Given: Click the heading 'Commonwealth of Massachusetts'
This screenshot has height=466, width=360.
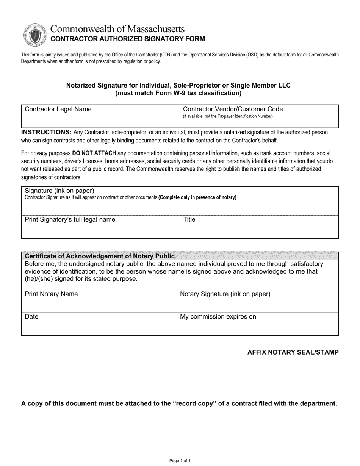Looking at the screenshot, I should pyautogui.click(x=118, y=29).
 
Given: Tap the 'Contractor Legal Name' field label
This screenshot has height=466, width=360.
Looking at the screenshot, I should pyautogui.click(x=58, y=109).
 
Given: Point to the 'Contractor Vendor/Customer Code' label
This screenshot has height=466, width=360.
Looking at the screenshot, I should pyautogui.click(x=233, y=109).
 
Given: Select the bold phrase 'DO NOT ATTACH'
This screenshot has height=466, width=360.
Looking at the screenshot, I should pyautogui.click(x=94, y=153).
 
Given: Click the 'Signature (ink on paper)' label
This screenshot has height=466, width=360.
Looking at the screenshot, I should pyautogui.click(x=59, y=191).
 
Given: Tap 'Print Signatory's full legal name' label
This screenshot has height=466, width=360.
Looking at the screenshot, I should pyautogui.click(x=70, y=219).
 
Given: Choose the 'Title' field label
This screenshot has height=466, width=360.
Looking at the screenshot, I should pyautogui.click(x=189, y=219).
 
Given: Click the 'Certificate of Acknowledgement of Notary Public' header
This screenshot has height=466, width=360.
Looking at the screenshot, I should pyautogui.click(x=100, y=256).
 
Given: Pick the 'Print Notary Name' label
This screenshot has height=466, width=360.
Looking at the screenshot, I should pyautogui.click(x=51, y=294).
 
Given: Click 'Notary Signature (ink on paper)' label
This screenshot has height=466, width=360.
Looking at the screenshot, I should pyautogui.click(x=225, y=294).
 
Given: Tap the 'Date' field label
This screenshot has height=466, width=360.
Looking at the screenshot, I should pyautogui.click(x=31, y=316).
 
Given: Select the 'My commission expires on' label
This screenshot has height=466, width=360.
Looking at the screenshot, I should pyautogui.click(x=218, y=316).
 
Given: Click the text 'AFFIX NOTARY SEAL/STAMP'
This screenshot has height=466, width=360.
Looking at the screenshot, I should pyautogui.click(x=293, y=352).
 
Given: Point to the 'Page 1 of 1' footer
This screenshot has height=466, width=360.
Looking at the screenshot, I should pyautogui.click(x=180, y=461).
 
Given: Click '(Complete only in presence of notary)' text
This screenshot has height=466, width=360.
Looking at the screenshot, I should pyautogui.click(x=197, y=197).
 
